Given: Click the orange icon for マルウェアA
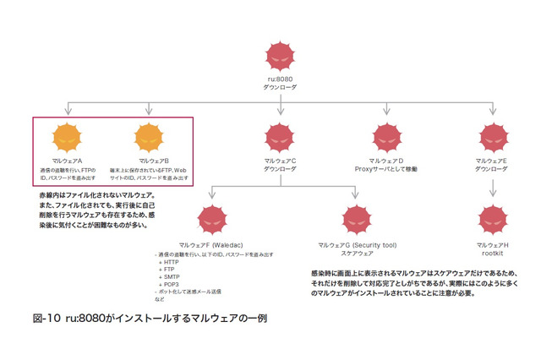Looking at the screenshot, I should (66, 138).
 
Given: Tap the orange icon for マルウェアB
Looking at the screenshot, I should (149, 138).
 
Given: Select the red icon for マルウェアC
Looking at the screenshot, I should (280, 138).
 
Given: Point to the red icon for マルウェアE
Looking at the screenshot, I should (493, 138).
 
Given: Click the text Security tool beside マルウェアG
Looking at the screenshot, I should (373, 244).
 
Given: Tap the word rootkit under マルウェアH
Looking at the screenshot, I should (493, 253).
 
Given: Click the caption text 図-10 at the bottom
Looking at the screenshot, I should (43, 320).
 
